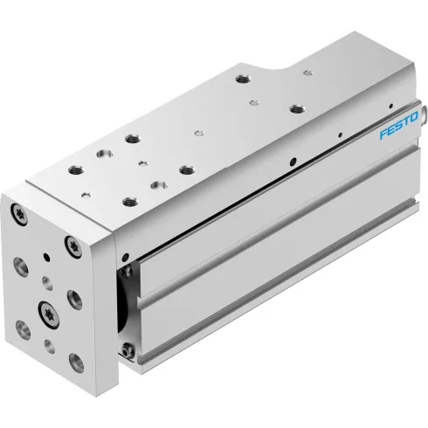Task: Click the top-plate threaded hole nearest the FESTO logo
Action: pos(297,108)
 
